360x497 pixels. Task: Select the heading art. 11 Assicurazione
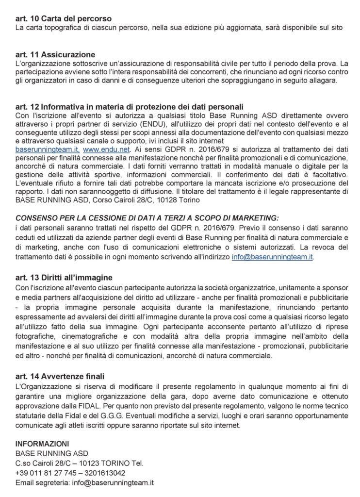pyautogui.click(x=55, y=54)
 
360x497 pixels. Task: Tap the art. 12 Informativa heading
pyautogui.click(x=130, y=107)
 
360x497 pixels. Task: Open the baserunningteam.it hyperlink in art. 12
pyautogui.click(x=48, y=150)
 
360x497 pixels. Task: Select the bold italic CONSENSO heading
pyautogui.click(x=147, y=218)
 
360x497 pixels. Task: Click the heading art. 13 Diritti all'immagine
pyautogui.click(x=64, y=278)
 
